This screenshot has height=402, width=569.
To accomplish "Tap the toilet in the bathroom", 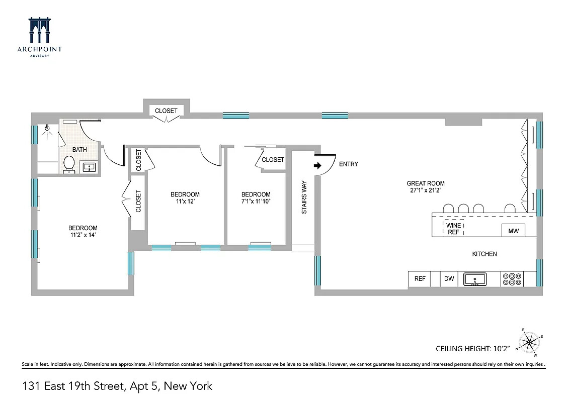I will pos(69,164).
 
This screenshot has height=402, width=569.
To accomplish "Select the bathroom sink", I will pos(90,167).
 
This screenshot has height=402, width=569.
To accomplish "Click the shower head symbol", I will pos(48,129).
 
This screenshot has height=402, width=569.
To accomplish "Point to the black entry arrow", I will pos(317,165).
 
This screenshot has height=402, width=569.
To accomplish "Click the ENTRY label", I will pos(349,164).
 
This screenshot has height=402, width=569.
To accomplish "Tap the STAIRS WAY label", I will pos(304,197).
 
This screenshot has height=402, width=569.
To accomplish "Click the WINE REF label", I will pos(453,229).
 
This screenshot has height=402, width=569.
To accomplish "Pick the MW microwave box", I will pos(513,231).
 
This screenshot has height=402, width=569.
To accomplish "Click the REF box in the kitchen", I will pos(420,279).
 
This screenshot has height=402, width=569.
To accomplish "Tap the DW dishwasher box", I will pos(449,279).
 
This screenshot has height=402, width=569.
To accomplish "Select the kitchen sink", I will pos(475,279).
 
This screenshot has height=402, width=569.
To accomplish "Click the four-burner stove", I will pos(512,279).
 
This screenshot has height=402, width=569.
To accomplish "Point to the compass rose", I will pos(529,342).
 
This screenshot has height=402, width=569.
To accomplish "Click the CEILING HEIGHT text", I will pos(472,348).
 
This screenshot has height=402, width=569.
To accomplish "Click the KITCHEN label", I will pos(484,254).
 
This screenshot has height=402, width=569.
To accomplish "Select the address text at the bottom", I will pos(117,386).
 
